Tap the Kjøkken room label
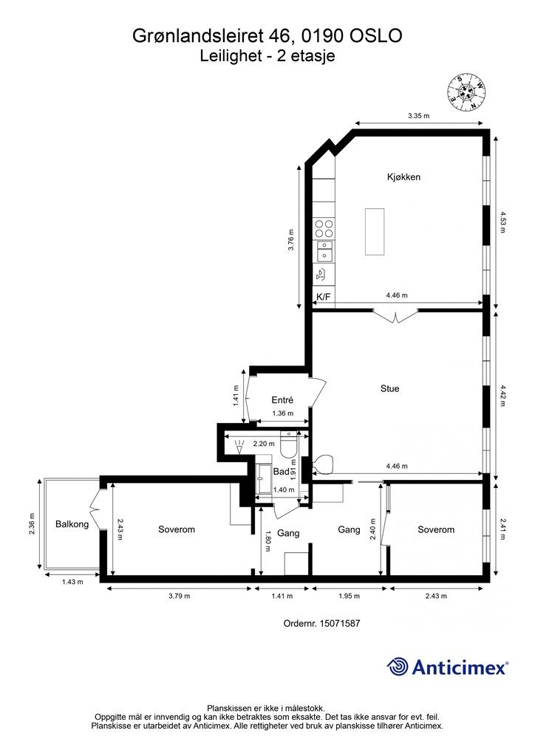point(403,177)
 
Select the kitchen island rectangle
point(375,232)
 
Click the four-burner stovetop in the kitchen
point(324,229)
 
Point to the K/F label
point(323,297)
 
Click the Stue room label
point(389,388)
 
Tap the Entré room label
point(282,400)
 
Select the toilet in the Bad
point(289,444)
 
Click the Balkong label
point(72,524)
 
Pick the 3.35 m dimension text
point(418,116)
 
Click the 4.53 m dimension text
point(502,221)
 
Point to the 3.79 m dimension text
point(179,596)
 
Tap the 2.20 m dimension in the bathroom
point(264,444)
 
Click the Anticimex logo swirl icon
point(398,667)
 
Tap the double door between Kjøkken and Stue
point(395,316)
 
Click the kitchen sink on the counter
point(324,252)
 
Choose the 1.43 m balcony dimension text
point(72,582)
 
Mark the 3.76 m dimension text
point(290,240)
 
